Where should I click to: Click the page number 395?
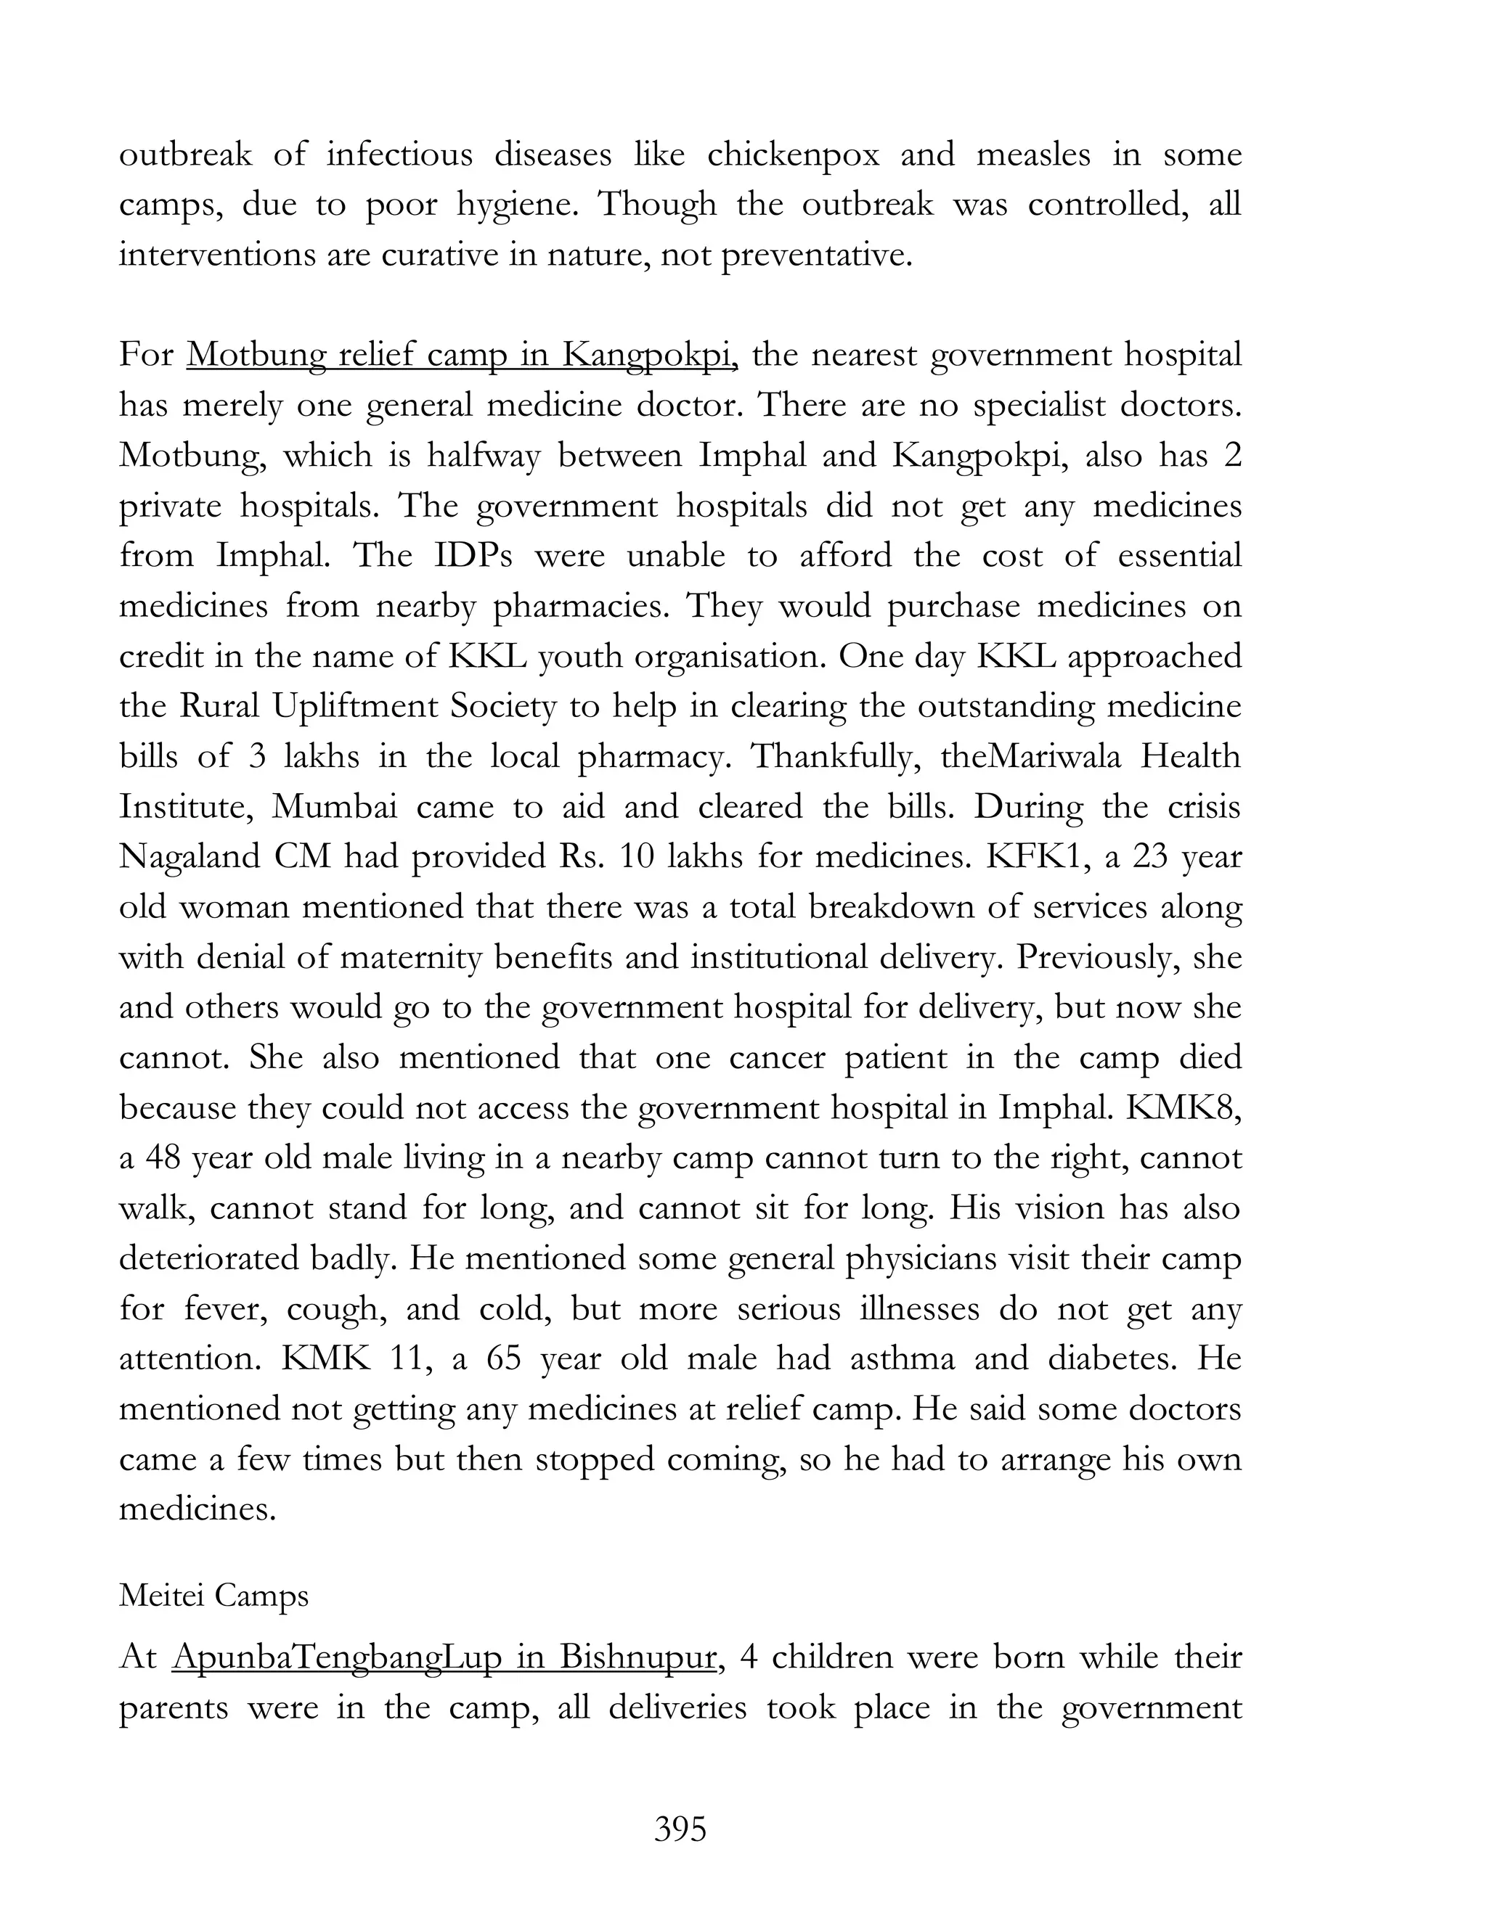pyautogui.click(x=680, y=1829)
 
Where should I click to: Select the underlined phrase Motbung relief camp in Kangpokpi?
pyautogui.click(x=462, y=355)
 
